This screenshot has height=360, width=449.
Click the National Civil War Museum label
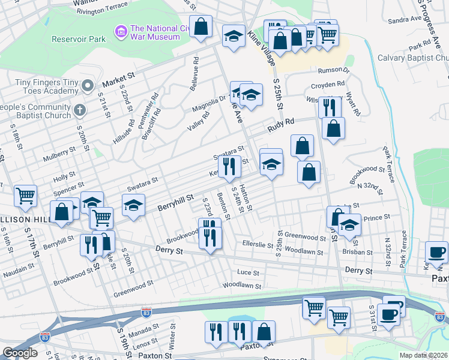point(155,32)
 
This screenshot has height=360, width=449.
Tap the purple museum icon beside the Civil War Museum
point(121,29)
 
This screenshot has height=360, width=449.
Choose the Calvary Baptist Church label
point(413,58)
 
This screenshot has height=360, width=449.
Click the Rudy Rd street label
point(281,124)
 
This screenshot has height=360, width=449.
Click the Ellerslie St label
point(258,244)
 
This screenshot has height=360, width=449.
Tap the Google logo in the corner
point(20,353)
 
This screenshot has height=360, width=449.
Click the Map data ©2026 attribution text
point(424,355)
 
